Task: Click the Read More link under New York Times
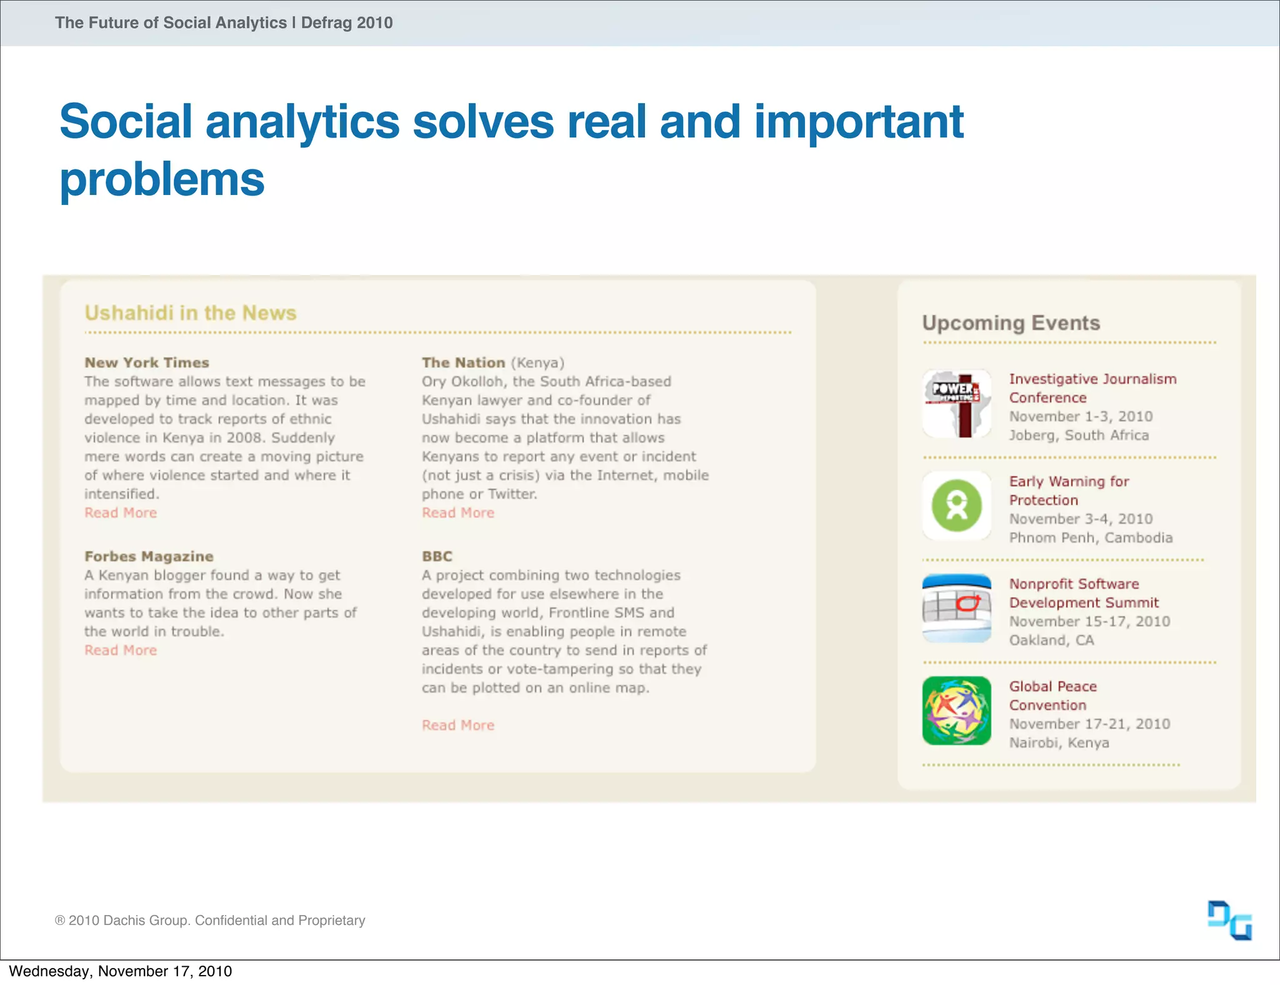(x=121, y=512)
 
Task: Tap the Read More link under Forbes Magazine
(x=121, y=650)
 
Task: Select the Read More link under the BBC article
(x=457, y=725)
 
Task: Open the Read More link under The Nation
(x=457, y=512)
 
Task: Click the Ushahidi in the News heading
(x=191, y=312)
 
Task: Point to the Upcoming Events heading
(x=1011, y=322)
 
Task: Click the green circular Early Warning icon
(x=956, y=506)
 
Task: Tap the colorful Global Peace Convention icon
(x=956, y=711)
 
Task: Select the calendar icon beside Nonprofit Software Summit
(x=956, y=608)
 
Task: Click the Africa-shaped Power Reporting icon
(x=956, y=403)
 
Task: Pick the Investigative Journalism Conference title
(x=1092, y=388)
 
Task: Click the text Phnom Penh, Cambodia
(x=1091, y=537)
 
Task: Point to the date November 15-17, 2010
(x=1089, y=621)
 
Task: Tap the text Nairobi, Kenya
(x=1059, y=742)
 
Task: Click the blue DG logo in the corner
(x=1229, y=920)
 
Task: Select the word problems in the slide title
(x=162, y=179)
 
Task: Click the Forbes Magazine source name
(x=149, y=556)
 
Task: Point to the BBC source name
(x=437, y=556)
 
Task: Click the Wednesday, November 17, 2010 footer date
(x=120, y=971)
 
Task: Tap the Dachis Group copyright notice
(x=210, y=920)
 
